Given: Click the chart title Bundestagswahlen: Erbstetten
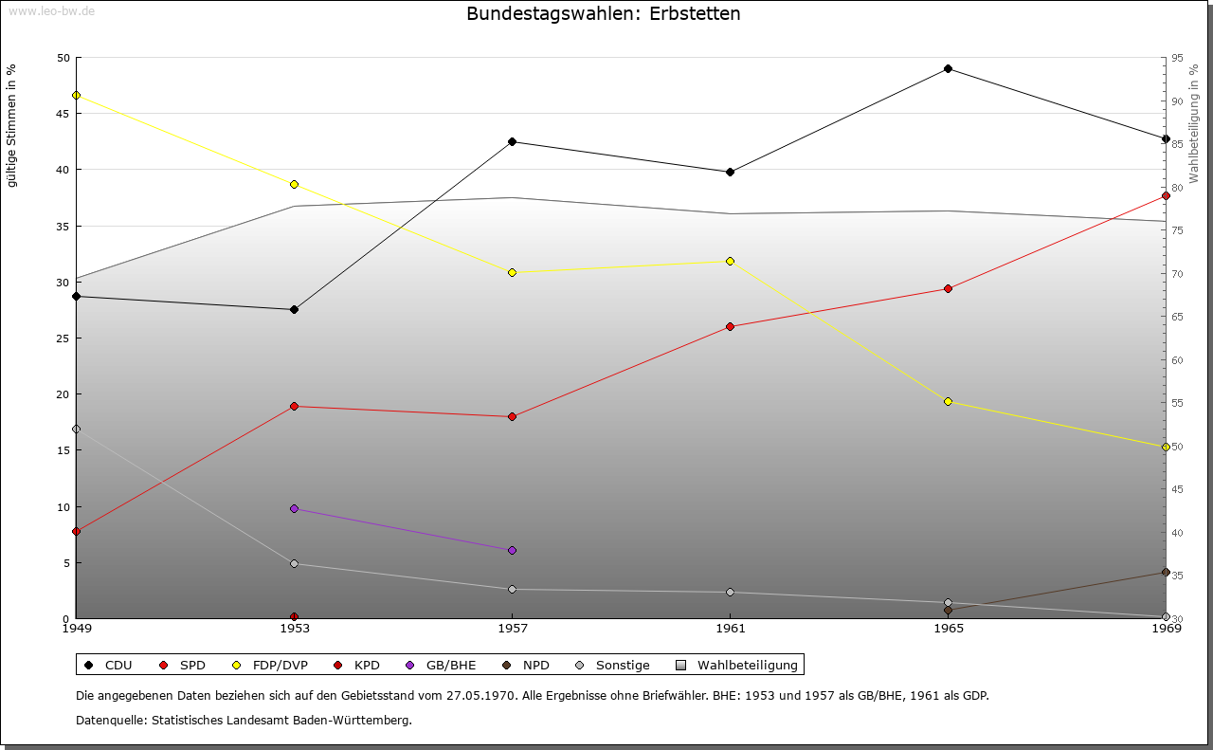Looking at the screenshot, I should (x=604, y=14).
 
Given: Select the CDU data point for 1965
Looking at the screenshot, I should (x=948, y=69).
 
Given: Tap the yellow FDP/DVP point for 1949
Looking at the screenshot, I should (x=76, y=96).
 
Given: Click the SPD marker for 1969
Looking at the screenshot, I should (x=1166, y=196).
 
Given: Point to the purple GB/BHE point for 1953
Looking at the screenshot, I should (x=294, y=509).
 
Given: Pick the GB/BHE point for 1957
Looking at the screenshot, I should (x=512, y=551).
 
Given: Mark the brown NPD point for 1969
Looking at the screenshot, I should (x=1166, y=573).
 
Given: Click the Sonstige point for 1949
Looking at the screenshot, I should (x=76, y=430).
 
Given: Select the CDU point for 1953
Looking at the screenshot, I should (x=294, y=310).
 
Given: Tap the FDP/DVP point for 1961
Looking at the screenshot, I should (x=730, y=261).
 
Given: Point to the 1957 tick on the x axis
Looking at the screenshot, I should (x=512, y=628).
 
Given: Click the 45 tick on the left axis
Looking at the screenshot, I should (x=63, y=114).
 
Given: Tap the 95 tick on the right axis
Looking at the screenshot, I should (x=1177, y=58).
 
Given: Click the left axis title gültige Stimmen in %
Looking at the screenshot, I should (x=11, y=126).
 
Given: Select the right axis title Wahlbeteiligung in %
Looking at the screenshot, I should (x=1194, y=124).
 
